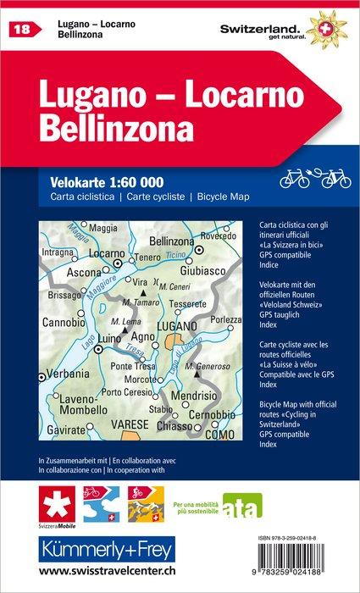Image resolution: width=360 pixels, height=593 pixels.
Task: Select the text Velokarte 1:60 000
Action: click(101, 182)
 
